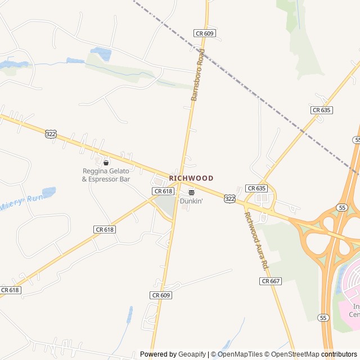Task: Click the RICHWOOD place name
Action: click(191, 178)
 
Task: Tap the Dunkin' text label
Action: click(191, 201)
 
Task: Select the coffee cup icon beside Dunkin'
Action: click(191, 192)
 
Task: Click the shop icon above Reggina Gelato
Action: click(106, 163)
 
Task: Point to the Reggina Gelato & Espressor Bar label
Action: click(106, 175)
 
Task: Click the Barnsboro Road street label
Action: click(199, 75)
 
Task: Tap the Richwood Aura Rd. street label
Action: click(257, 240)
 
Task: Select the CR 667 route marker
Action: click(271, 281)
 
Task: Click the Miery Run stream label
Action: click(21, 202)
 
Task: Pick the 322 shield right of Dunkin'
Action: click(229, 199)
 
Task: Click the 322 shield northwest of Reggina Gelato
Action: click(51, 134)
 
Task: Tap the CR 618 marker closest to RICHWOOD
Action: click(163, 191)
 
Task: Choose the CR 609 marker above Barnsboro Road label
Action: click(205, 34)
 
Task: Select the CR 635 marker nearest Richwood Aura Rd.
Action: click(256, 188)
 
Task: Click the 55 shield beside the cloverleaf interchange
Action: click(341, 208)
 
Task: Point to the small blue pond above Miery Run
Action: click(49, 192)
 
